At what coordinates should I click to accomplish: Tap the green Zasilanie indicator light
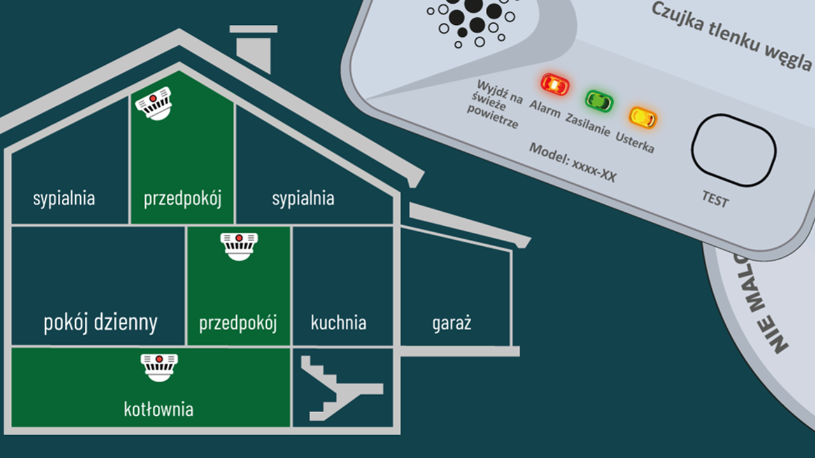(599, 101)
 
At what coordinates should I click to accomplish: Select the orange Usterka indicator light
(642, 117)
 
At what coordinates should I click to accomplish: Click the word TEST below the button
(715, 200)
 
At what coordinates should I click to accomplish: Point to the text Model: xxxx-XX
(572, 163)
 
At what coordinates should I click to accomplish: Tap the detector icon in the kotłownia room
(159, 368)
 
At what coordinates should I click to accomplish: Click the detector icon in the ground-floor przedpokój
(239, 246)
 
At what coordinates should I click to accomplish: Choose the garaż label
(451, 323)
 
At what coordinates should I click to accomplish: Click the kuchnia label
(338, 323)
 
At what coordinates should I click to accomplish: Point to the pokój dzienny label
(100, 323)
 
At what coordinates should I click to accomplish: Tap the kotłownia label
(159, 409)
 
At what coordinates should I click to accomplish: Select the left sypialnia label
(64, 198)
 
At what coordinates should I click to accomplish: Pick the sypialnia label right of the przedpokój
(303, 198)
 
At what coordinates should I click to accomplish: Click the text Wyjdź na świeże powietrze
(495, 104)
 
